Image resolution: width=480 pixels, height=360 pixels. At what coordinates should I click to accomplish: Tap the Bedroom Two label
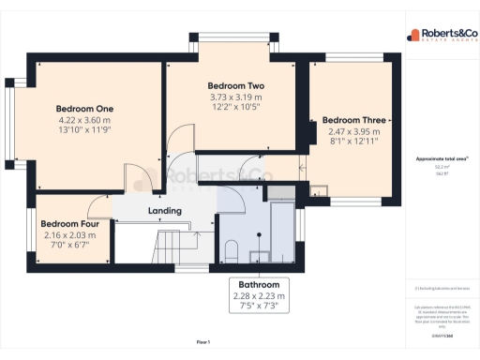click(x=234, y=84)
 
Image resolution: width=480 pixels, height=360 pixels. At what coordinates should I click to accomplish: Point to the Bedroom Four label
click(x=71, y=224)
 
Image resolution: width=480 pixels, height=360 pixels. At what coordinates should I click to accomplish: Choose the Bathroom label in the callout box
click(x=257, y=284)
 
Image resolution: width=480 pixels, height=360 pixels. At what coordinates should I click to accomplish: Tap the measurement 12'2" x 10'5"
click(x=234, y=108)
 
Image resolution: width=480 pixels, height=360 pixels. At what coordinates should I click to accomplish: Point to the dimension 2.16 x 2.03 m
click(x=71, y=235)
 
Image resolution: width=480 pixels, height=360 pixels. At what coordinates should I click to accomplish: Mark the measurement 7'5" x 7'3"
click(x=257, y=307)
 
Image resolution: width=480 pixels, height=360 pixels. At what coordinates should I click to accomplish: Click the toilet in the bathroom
click(x=231, y=250)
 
